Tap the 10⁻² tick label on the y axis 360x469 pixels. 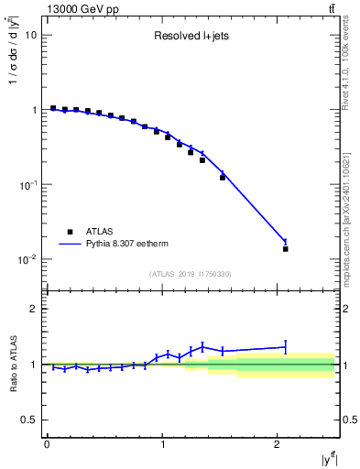coord(27,260)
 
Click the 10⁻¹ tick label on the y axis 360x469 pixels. coord(27,185)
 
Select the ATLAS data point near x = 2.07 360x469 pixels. coord(286,249)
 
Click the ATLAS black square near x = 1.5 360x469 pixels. coord(223,178)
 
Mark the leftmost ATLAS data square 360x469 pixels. coord(53,108)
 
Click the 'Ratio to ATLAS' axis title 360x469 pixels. coord(13,364)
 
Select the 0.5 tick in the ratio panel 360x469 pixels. coord(30,420)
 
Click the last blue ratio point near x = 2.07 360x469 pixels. coord(286,347)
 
